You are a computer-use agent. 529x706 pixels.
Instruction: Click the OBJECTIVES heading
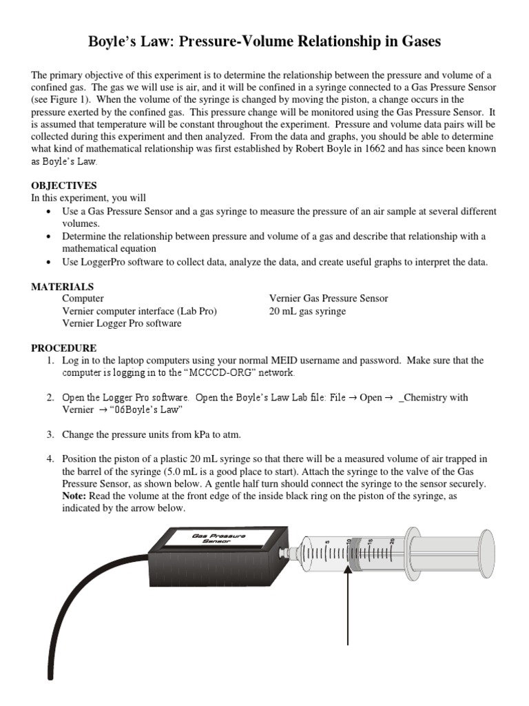click(64, 185)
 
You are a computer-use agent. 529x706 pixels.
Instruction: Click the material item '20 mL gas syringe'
click(307, 311)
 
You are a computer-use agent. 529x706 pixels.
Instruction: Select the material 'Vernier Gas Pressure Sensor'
click(329, 299)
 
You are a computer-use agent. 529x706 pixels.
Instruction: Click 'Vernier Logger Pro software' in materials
click(122, 323)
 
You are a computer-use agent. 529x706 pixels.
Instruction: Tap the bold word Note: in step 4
click(75, 496)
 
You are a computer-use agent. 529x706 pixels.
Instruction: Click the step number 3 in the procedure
click(50, 434)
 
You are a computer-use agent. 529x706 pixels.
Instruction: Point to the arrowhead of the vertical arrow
click(349, 556)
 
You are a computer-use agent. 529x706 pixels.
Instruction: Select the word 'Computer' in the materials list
click(83, 299)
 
